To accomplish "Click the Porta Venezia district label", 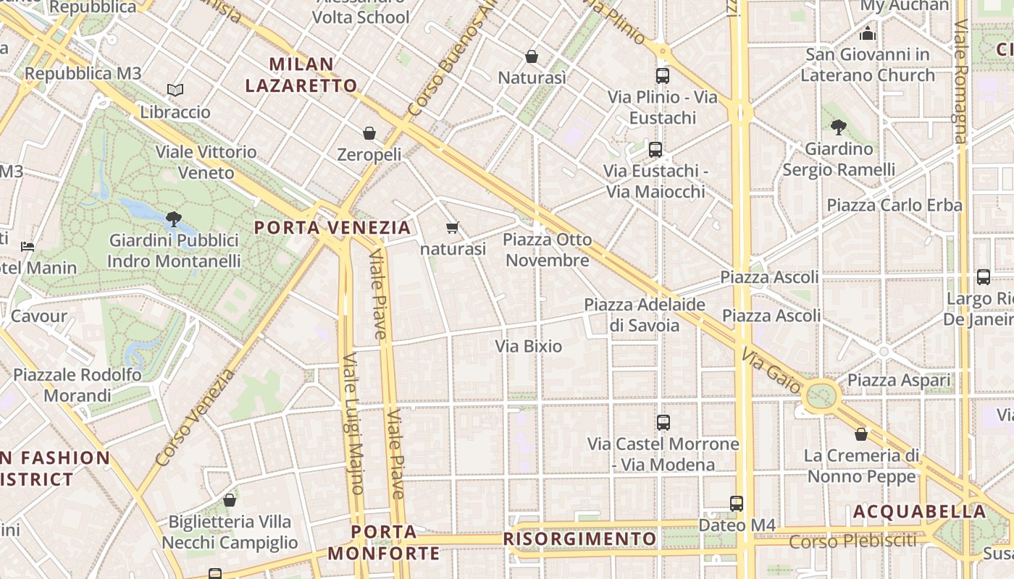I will click(332, 228).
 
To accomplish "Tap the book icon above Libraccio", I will click(175, 90).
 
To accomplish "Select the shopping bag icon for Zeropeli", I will click(369, 133).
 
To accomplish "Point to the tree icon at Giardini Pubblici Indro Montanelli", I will click(173, 219).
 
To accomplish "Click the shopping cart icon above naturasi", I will click(453, 228).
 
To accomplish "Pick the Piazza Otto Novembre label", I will click(547, 250).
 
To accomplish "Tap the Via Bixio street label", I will click(529, 347).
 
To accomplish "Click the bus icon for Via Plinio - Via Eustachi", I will click(662, 75).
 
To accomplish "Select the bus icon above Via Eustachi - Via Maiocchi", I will click(655, 150).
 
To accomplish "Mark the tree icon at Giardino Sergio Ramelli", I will click(839, 127).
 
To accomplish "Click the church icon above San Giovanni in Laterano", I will click(868, 33).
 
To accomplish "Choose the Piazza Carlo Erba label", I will click(894, 206).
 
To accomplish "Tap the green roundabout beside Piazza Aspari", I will click(821, 396).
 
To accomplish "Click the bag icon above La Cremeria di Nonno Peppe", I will click(861, 434).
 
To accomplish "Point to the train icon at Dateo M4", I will click(737, 504).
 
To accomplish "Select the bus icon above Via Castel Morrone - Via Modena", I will click(663, 423).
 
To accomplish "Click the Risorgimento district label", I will click(579, 539).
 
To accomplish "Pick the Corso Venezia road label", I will click(195, 418).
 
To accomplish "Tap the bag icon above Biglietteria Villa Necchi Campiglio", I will click(230, 500).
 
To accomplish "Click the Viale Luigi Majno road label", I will click(353, 423).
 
